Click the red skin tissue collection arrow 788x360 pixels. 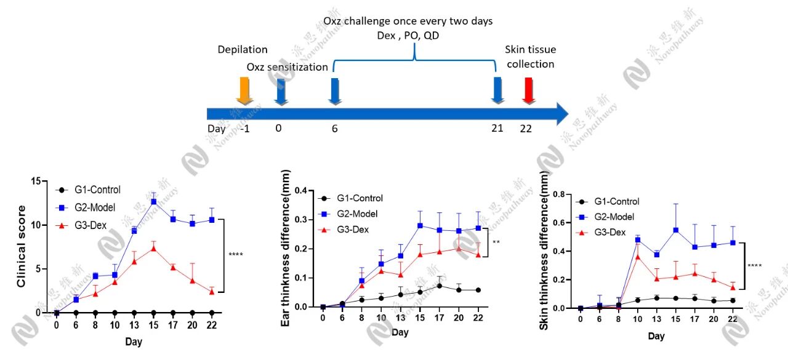click(x=528, y=90)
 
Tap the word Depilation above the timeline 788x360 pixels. click(x=243, y=49)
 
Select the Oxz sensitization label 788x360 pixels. click(x=287, y=66)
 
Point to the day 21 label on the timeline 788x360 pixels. click(x=497, y=128)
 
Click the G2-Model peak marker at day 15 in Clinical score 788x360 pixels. click(x=153, y=201)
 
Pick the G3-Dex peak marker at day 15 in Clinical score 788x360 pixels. click(x=153, y=248)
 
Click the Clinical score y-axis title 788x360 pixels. click(x=22, y=247)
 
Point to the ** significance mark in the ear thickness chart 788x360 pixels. click(x=496, y=242)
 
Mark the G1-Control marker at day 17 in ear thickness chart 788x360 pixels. click(x=422, y=286)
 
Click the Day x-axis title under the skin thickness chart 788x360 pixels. click(x=656, y=336)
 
